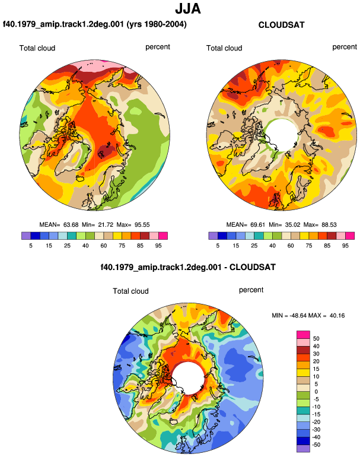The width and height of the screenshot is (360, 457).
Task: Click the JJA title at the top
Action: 188,9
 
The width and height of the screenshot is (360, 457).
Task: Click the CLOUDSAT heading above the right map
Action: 281,25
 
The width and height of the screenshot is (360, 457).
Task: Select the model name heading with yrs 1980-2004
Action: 95,24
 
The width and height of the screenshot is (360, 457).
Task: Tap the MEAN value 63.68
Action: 71,225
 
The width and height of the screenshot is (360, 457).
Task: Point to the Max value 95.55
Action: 142,225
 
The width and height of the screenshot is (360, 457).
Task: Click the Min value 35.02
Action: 292,225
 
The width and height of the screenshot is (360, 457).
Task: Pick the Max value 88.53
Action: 329,225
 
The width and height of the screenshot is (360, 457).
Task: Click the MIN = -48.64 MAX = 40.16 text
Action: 308,315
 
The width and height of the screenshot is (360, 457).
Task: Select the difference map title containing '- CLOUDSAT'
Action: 188,267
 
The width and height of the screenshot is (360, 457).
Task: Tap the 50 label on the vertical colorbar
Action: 316,339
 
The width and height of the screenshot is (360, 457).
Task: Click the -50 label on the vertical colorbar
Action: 316,445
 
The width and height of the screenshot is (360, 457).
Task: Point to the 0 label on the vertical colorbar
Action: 316,392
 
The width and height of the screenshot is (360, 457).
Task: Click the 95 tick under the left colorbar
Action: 158,246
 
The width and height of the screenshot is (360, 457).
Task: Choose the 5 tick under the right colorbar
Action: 218,246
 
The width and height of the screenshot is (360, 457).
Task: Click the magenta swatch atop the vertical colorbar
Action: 303,335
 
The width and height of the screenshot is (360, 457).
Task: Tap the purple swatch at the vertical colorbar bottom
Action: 303,448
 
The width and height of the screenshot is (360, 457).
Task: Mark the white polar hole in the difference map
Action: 188,378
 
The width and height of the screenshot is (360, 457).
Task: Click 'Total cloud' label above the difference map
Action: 131,291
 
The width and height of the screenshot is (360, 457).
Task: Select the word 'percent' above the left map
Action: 158,47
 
